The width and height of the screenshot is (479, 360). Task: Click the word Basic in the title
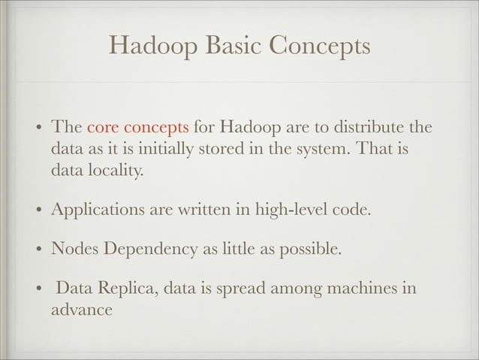click(236, 47)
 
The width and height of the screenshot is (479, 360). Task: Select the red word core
click(101, 125)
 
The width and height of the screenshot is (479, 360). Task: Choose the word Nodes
click(72, 247)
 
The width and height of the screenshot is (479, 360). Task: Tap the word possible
click(312, 248)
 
